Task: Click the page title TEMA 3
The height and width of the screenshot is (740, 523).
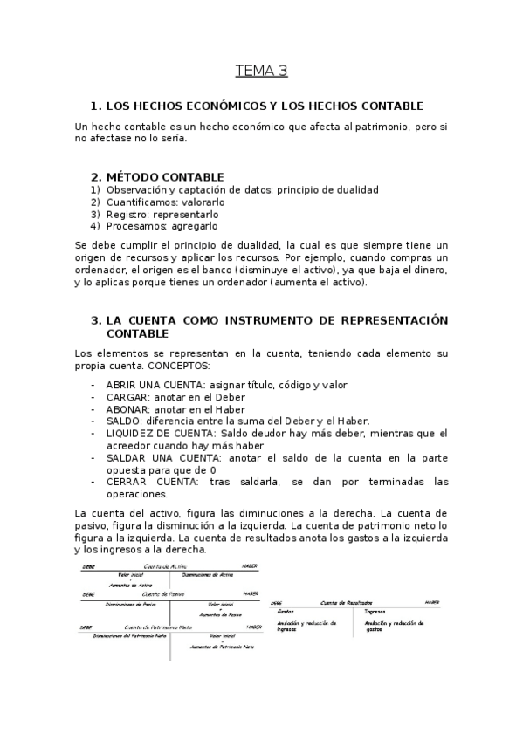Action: (x=261, y=71)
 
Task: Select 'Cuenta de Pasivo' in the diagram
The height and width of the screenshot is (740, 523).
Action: (x=166, y=594)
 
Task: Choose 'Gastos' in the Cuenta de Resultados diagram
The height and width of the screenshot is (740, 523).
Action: (x=286, y=612)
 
